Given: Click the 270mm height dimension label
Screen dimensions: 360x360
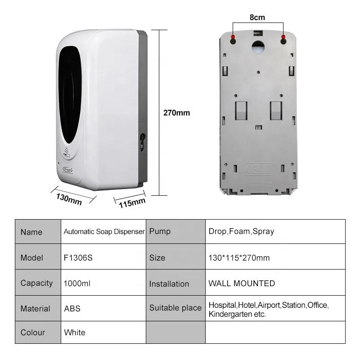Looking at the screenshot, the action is coord(176,113).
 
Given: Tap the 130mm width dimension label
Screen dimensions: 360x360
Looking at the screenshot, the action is coord(69,198).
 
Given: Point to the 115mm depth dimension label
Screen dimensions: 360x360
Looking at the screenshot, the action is coord(132,202).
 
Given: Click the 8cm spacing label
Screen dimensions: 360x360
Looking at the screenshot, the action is coord(257,18).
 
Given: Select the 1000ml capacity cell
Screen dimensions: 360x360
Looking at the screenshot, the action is coord(77,283).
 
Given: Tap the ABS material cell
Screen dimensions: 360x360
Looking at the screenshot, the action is coord(72,309).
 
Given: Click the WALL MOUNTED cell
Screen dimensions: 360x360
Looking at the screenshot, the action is coord(242,283).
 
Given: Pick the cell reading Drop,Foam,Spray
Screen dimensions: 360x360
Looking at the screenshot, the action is coord(241,232).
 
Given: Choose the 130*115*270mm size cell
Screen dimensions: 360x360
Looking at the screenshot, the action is coord(239,258).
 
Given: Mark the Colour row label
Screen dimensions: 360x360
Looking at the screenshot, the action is coord(33,333).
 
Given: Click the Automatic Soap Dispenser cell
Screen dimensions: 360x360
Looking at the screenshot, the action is coord(104,232).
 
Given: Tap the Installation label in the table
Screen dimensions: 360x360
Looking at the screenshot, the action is coord(169,284).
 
